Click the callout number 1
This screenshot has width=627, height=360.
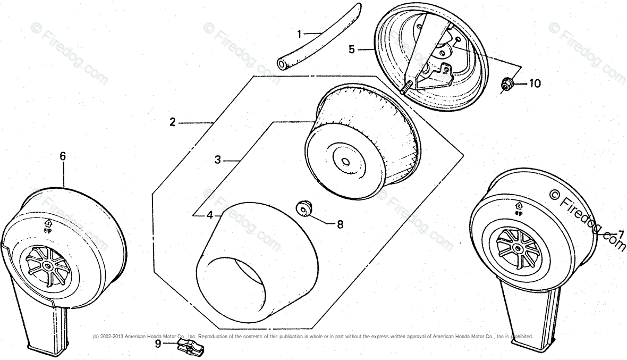(300, 35)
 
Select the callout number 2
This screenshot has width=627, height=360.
(172, 122)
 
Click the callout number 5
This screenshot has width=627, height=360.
(351, 49)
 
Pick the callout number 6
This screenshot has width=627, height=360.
(63, 156)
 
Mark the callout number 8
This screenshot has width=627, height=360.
(340, 224)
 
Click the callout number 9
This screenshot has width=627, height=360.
(158, 344)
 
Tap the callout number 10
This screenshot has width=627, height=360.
(535, 83)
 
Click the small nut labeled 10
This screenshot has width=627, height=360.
(507, 84)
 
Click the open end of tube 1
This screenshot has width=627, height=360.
(282, 64)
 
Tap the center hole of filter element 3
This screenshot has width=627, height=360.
(345, 161)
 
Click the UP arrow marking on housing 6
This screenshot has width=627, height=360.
(48, 224)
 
